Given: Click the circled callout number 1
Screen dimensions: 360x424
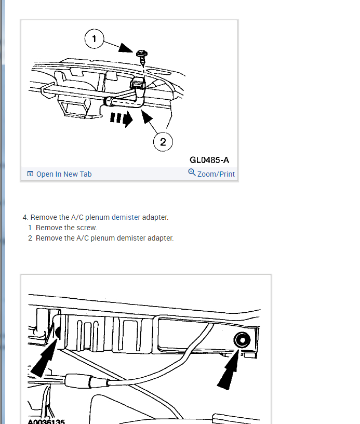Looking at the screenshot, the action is point(94,38).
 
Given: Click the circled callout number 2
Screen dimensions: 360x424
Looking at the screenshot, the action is point(163,142).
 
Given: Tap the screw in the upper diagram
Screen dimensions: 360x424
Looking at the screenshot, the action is point(142,57).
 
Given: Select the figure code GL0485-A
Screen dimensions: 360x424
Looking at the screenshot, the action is point(209,160).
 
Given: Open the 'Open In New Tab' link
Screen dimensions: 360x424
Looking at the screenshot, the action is point(64,174).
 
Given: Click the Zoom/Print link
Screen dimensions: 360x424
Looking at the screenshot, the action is point(216,174).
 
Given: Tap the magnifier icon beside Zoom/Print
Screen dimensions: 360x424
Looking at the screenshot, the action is point(192,172).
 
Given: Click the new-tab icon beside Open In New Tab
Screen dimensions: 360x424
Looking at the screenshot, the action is point(30,174).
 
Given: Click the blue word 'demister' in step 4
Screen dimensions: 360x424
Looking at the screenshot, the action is point(126,217).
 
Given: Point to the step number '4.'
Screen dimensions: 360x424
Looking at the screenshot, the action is point(25,217).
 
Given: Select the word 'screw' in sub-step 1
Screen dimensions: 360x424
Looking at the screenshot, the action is point(88,228).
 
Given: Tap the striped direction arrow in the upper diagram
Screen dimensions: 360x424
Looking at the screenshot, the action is point(122,118).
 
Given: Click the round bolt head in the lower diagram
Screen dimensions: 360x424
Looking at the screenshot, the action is point(242,340).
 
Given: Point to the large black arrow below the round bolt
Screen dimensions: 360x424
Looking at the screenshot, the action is point(229,369).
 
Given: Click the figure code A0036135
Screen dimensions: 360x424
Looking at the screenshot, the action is point(46,421).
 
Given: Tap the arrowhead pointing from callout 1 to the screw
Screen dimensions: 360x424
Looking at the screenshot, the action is point(126,48).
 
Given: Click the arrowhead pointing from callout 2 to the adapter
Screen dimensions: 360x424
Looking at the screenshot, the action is point(146,116).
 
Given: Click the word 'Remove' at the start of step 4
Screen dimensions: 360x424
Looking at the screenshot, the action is point(44,217).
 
